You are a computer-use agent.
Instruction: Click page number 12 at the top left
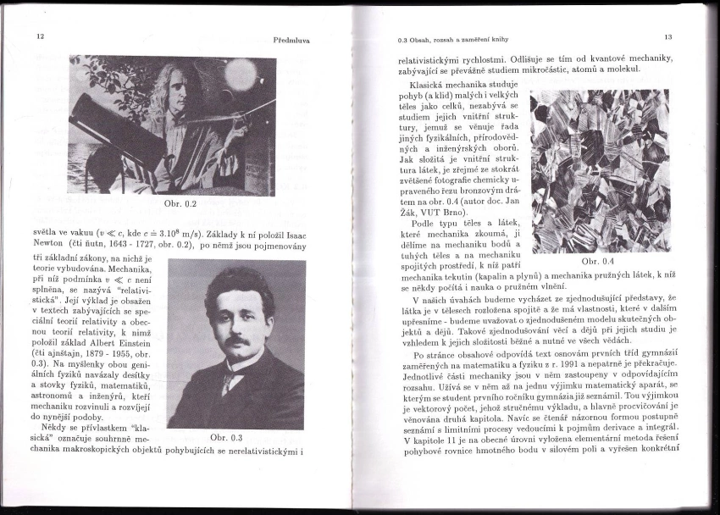(x=41, y=37)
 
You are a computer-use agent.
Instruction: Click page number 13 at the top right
(x=667, y=36)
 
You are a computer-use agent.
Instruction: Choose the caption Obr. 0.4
(x=598, y=262)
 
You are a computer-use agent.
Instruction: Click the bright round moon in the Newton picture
(x=240, y=75)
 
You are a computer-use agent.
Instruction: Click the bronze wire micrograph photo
(x=599, y=170)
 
